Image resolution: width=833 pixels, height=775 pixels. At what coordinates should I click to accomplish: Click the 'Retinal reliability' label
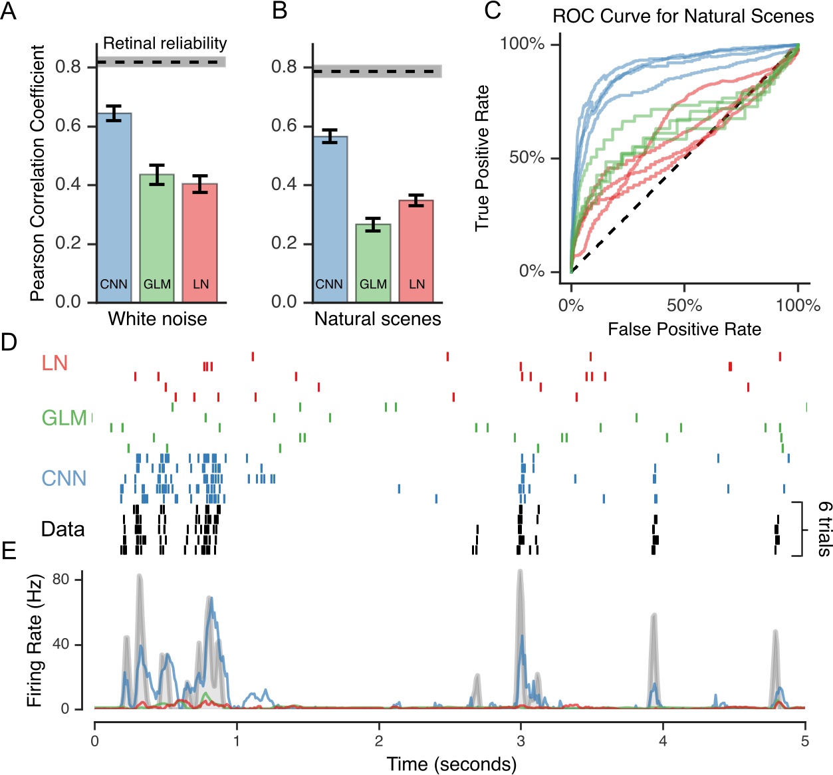[165, 44]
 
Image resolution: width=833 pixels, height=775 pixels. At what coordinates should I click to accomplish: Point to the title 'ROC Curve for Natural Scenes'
[683, 16]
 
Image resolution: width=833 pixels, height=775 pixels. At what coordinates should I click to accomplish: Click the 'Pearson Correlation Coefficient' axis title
[38, 173]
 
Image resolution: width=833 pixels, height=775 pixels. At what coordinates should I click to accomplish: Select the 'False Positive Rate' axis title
[684, 329]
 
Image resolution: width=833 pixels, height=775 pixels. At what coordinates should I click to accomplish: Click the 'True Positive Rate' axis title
[482, 158]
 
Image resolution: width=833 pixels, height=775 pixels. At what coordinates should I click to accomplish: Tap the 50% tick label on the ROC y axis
[527, 158]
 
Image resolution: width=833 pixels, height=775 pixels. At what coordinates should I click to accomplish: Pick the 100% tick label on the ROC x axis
[798, 305]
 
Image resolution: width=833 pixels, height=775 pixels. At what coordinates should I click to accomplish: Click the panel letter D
[9, 343]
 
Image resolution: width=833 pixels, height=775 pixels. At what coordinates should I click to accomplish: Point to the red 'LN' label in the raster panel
[55, 363]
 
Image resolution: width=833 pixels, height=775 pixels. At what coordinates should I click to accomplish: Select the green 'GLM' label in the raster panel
[64, 418]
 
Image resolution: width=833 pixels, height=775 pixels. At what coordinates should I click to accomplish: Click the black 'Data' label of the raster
[62, 529]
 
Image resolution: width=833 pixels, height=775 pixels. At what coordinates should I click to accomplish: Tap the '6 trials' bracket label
[824, 528]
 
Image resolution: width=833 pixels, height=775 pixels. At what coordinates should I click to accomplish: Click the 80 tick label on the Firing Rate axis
[61, 580]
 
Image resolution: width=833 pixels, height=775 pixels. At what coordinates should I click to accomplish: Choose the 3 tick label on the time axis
[521, 741]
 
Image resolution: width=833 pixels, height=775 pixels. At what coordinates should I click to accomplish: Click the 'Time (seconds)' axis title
[451, 764]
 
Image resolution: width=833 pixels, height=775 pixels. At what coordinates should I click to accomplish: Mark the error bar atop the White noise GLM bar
[157, 174]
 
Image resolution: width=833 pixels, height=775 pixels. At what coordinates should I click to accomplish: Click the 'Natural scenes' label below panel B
[378, 319]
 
